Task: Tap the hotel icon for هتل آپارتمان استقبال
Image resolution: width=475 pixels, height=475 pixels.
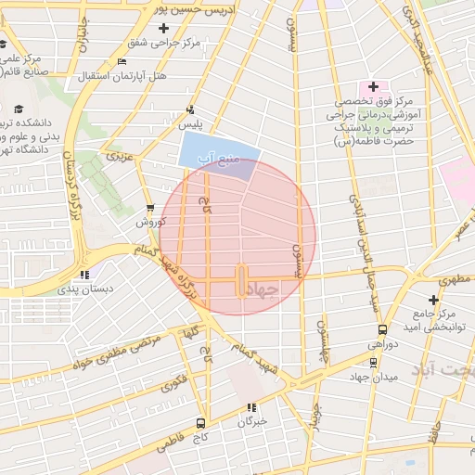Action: (122, 62)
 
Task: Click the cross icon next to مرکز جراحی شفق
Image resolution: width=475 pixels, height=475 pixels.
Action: (163, 29)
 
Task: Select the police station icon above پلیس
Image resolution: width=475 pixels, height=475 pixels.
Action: (190, 109)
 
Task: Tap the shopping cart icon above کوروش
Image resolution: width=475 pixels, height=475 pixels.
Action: (150, 208)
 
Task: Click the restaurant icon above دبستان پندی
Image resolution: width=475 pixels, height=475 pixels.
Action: (85, 275)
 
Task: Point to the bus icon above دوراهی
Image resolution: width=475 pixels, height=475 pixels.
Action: (382, 329)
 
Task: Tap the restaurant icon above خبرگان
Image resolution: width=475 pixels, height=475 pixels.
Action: (250, 407)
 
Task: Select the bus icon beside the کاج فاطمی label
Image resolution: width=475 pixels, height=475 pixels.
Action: (201, 424)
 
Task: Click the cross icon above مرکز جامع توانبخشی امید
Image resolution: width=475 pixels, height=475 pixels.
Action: (433, 299)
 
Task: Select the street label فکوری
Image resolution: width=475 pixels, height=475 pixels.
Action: (173, 380)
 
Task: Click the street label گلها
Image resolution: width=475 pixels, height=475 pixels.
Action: (193, 330)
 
